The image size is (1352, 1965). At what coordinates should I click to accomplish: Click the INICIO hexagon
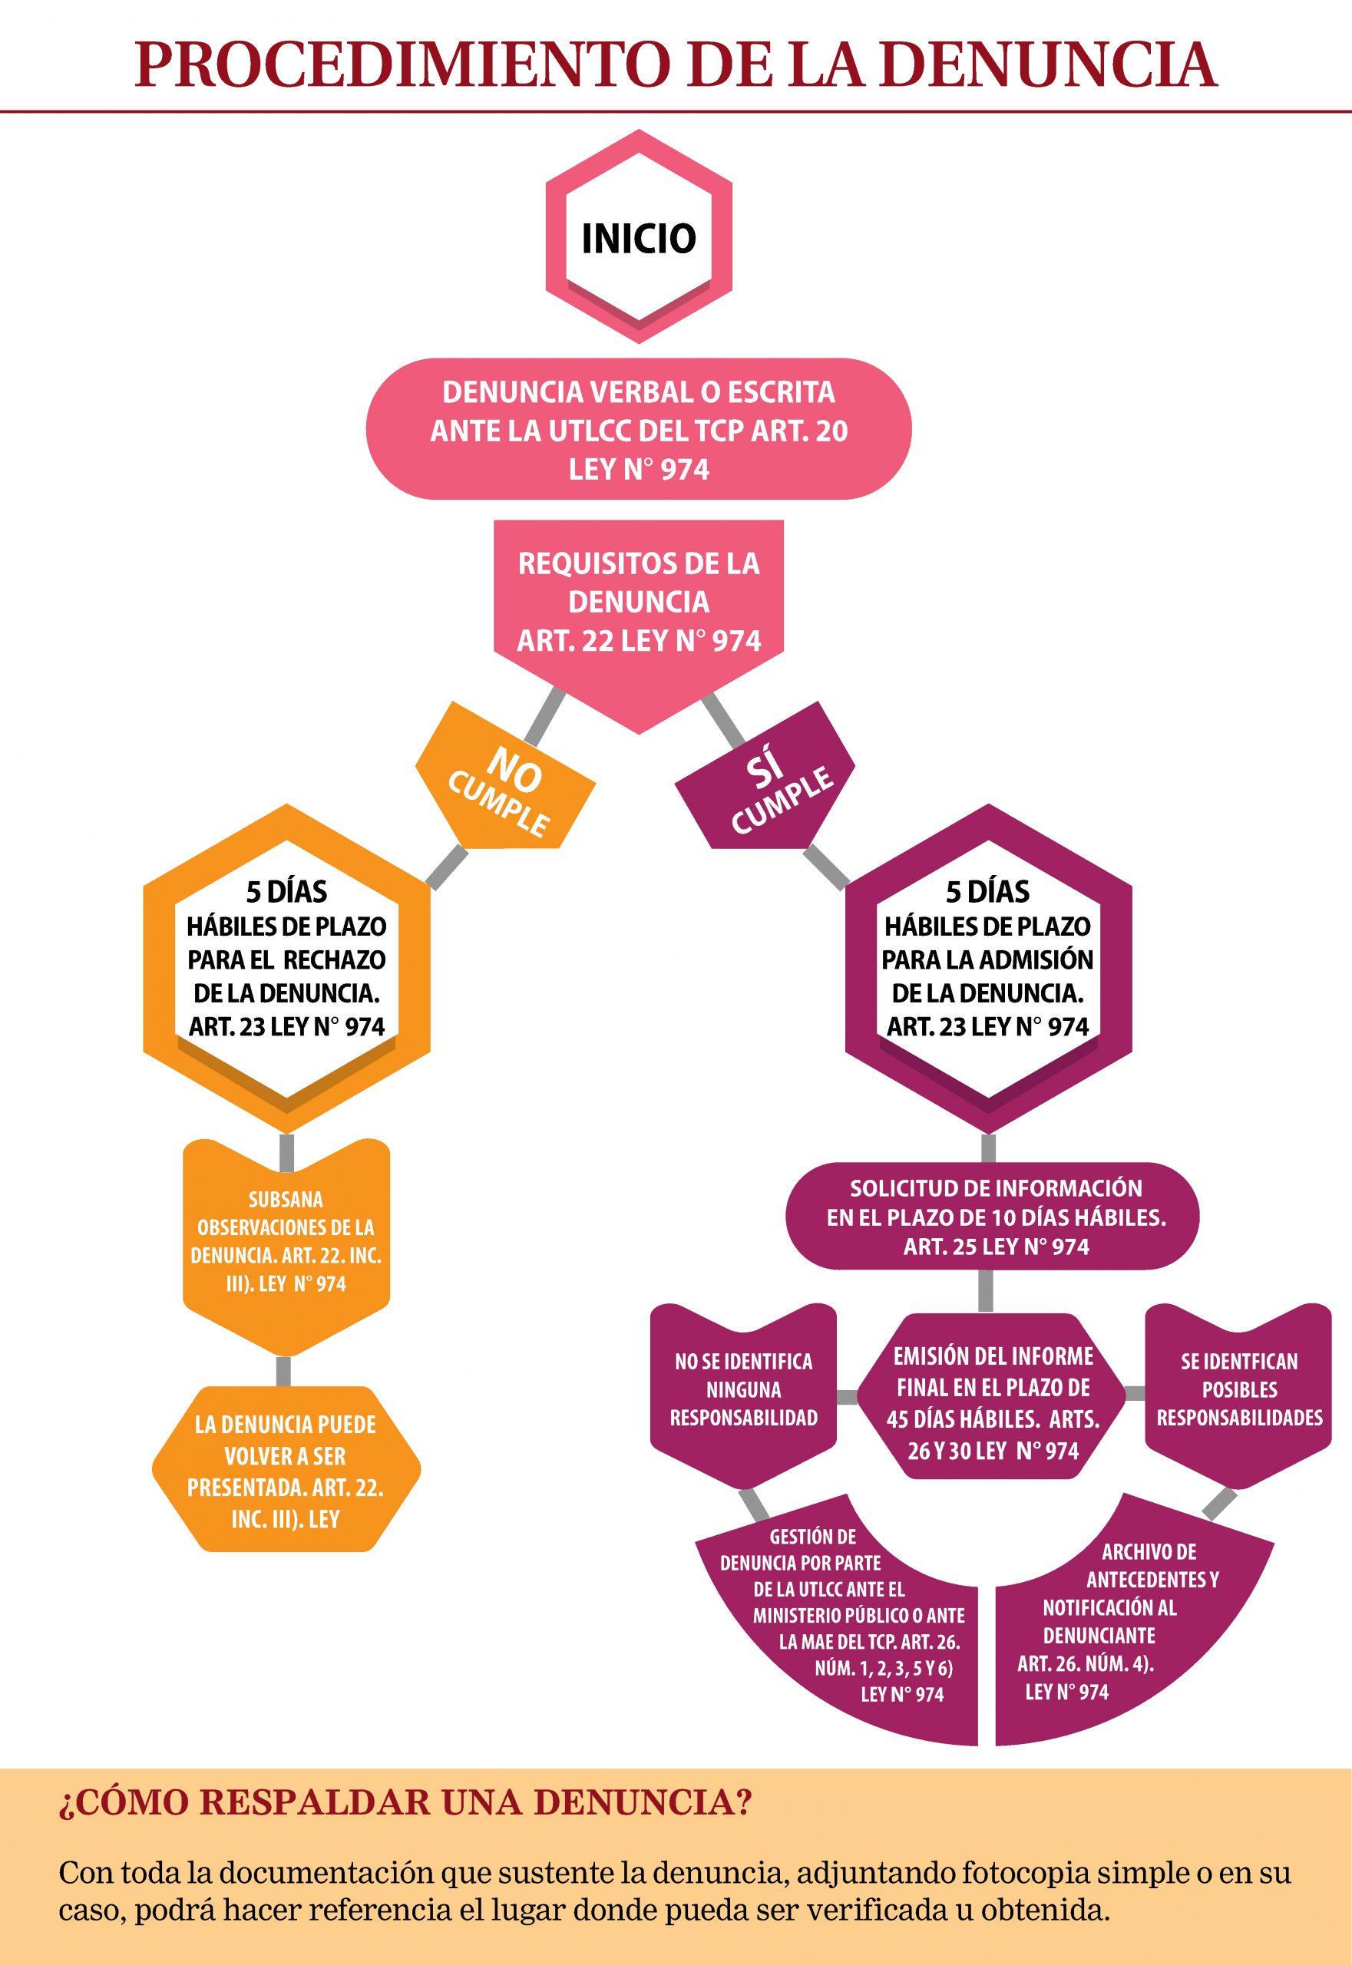(639, 237)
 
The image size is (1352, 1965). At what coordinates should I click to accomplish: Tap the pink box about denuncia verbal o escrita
(639, 431)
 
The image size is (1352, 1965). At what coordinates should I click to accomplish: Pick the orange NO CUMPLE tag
(505, 788)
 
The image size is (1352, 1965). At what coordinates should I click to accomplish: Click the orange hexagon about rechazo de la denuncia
(286, 966)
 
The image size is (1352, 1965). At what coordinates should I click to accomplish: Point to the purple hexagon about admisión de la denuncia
(988, 966)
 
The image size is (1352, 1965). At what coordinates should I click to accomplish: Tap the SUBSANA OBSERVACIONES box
(286, 1241)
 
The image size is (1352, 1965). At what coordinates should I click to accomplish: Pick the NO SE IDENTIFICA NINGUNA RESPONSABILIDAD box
(744, 1389)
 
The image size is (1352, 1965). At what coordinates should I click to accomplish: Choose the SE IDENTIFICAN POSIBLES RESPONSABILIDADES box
(1238, 1389)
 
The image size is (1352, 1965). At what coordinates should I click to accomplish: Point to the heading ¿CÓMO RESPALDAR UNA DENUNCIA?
(405, 1802)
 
